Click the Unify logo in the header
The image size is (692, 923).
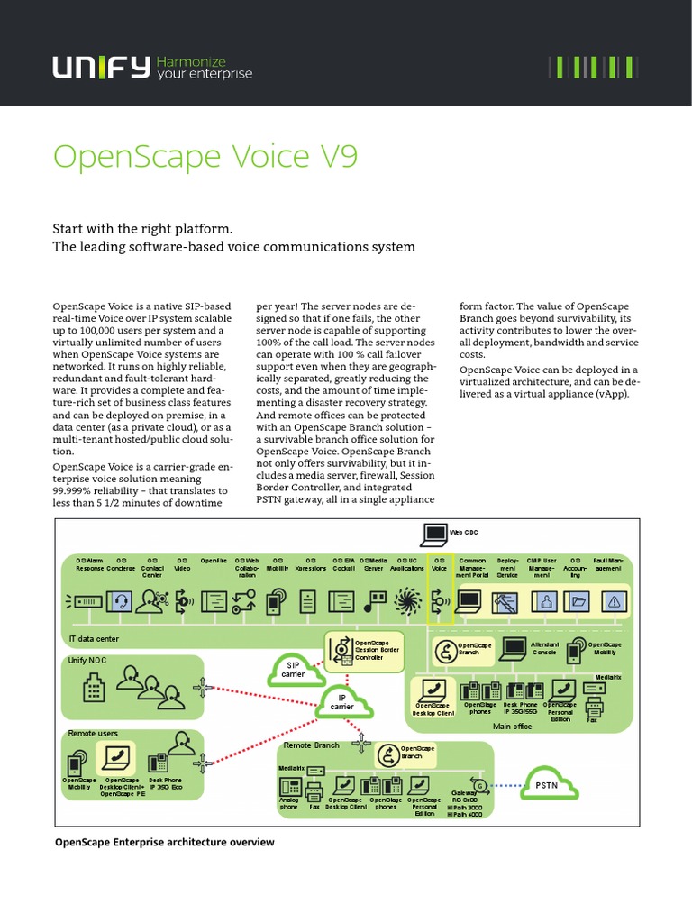click(x=100, y=67)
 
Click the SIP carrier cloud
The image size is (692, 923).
click(x=294, y=670)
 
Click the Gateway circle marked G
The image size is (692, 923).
click(x=478, y=785)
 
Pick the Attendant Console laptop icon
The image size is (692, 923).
click(x=513, y=649)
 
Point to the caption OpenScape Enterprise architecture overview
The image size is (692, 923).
click(x=164, y=842)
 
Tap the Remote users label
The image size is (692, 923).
click(x=93, y=734)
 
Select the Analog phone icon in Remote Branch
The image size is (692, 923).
click(x=288, y=787)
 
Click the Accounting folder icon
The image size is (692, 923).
click(x=578, y=600)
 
